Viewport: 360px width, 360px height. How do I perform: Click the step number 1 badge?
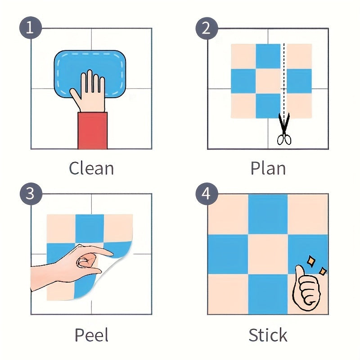click(x=31, y=28)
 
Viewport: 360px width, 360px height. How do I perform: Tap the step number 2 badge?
click(x=207, y=28)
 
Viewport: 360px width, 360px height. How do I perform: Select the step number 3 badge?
click(x=31, y=193)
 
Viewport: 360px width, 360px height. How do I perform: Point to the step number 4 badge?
click(x=207, y=193)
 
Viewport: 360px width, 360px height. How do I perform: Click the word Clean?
click(x=91, y=168)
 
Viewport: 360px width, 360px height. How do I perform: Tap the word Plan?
click(x=268, y=168)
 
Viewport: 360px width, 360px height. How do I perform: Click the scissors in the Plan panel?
click(x=284, y=129)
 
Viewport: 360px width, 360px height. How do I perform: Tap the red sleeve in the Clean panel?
click(x=93, y=130)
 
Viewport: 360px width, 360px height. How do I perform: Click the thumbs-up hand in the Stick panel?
click(x=306, y=288)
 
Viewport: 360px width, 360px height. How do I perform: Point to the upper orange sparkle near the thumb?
click(x=311, y=261)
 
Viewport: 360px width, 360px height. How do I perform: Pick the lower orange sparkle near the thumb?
click(x=323, y=271)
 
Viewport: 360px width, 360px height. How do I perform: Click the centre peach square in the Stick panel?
click(x=268, y=254)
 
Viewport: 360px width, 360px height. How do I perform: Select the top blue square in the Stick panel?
click(x=268, y=215)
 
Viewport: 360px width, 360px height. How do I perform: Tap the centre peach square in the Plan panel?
click(x=268, y=81)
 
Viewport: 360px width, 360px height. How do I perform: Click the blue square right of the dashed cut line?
click(x=299, y=81)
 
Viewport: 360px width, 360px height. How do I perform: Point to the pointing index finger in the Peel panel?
click(x=101, y=252)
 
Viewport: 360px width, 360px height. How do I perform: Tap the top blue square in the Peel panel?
click(x=90, y=229)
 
